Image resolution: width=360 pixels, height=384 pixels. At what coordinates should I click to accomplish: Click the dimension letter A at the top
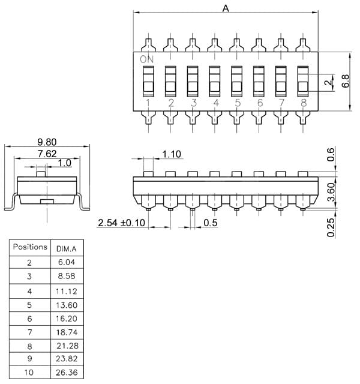click(x=226, y=8)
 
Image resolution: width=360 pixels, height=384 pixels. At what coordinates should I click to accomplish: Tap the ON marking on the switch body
click(x=147, y=59)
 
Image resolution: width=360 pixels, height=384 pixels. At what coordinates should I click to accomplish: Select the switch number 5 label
click(x=238, y=103)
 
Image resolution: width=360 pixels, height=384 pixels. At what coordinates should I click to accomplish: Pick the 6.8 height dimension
click(x=346, y=81)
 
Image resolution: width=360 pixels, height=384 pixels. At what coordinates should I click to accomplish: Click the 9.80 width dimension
click(x=47, y=142)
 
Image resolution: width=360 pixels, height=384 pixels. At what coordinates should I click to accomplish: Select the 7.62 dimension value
click(x=47, y=153)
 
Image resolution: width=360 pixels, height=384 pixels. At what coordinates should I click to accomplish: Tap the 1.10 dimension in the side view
click(x=172, y=154)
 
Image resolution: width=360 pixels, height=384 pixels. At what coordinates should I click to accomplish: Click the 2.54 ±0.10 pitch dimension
click(x=122, y=223)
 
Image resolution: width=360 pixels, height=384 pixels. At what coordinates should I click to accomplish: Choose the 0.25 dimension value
click(x=331, y=227)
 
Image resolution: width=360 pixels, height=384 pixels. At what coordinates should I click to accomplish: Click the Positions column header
click(x=30, y=247)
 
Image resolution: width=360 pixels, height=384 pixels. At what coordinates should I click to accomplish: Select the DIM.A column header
click(x=66, y=248)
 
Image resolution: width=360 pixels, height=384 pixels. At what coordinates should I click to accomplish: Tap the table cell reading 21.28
click(x=66, y=346)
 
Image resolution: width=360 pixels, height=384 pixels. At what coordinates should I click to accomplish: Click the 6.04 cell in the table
click(x=66, y=262)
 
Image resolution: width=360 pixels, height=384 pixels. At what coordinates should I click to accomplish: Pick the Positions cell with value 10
click(x=29, y=373)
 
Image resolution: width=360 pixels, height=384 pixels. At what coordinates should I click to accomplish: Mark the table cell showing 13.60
click(x=66, y=304)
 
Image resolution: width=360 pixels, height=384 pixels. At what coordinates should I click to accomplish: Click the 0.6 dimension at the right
click(x=331, y=155)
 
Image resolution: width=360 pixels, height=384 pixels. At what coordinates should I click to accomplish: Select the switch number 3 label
click(x=193, y=103)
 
